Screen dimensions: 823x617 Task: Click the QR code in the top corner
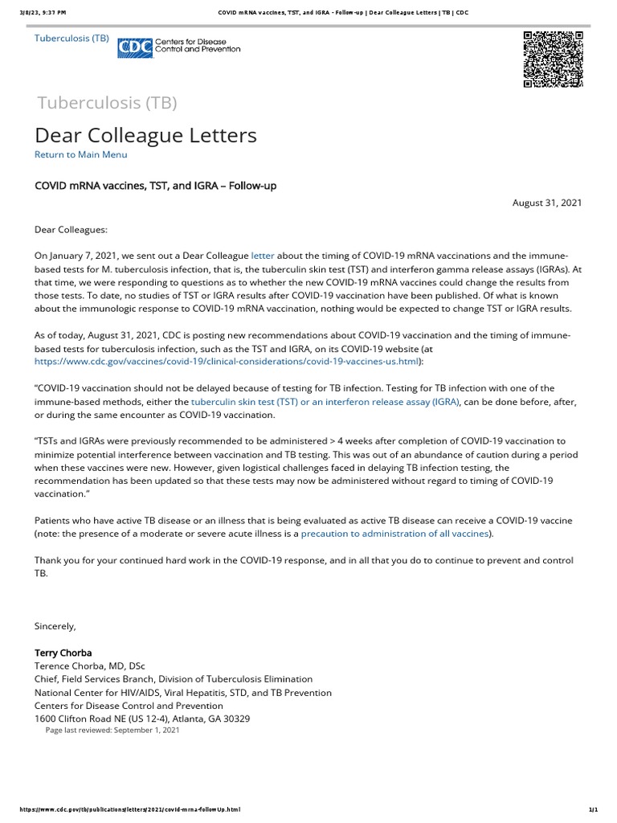point(553,59)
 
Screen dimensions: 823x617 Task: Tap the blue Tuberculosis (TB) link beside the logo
point(72,38)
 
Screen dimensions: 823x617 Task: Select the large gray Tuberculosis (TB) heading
point(107,103)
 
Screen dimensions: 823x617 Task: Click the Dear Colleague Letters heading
point(145,135)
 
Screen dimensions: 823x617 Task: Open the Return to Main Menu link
point(80,154)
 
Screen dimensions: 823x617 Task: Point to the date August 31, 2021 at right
point(547,203)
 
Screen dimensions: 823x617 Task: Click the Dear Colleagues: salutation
point(70,229)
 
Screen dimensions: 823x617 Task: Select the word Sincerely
point(55,626)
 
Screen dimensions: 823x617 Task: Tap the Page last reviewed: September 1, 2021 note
point(112,731)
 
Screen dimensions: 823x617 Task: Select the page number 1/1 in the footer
point(595,809)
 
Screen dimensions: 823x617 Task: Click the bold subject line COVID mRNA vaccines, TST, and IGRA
point(155,186)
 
